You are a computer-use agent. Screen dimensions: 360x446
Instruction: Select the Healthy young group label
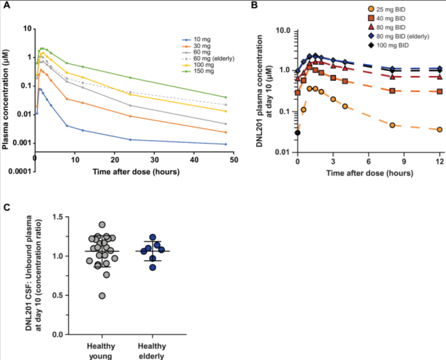pos(102,350)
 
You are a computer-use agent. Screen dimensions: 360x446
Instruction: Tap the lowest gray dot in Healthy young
pos(102,296)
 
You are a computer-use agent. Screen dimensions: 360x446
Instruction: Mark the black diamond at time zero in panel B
pos(298,132)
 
